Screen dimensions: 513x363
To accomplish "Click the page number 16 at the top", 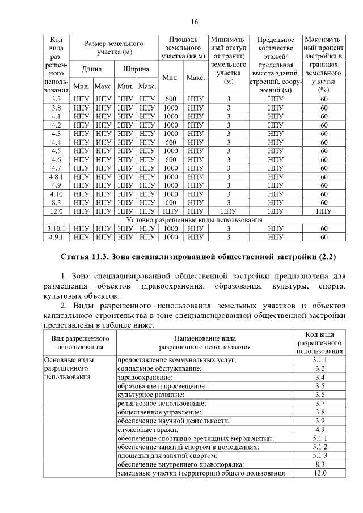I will coord(194,22).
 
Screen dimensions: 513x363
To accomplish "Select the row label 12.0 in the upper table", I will coord(56,211).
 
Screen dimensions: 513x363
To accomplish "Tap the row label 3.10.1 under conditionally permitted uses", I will coord(56,228).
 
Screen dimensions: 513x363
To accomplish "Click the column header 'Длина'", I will coord(91,69).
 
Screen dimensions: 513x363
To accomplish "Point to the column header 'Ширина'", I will coord(136,69).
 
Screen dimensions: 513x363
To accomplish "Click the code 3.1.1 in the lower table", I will coord(319,360).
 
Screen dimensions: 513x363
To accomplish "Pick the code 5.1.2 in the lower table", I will coord(319,447).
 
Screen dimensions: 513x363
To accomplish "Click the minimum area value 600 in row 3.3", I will coord(171,99).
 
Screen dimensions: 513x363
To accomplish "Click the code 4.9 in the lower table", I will coord(319,430).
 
